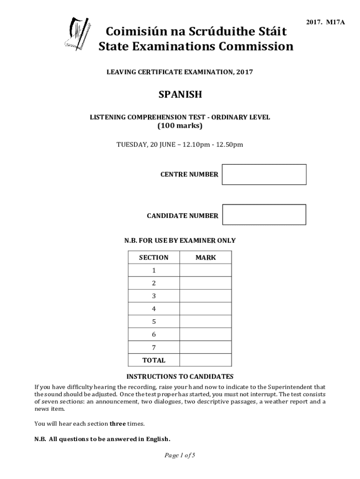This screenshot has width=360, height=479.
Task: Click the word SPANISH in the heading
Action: [180, 94]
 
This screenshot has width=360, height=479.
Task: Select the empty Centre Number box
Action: [264, 174]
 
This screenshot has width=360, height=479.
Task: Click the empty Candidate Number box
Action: [264, 215]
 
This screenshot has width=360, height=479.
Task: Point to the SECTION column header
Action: [154, 257]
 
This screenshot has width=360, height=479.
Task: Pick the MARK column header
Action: [206, 257]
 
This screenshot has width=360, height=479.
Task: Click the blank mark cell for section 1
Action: [206, 270]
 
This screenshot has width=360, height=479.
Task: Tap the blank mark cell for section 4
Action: [206, 309]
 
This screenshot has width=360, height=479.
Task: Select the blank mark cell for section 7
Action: [206, 348]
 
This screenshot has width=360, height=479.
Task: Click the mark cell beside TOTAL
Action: [206, 360]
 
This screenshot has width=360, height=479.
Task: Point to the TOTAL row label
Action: [154, 360]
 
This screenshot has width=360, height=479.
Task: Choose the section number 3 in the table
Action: [154, 296]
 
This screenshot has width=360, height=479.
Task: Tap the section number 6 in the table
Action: [154, 334]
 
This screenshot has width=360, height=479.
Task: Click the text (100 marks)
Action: [180, 126]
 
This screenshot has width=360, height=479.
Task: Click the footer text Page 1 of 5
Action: [180, 455]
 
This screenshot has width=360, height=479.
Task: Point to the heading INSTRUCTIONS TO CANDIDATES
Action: [180, 377]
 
